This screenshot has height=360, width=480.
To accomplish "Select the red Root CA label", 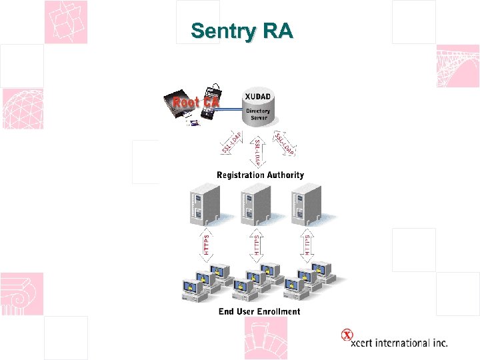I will tap(196, 103).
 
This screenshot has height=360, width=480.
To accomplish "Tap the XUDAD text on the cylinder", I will tap(259, 97).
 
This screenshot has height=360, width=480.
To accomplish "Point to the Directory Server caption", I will tap(259, 114).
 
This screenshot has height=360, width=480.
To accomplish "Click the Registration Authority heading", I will tap(260, 175).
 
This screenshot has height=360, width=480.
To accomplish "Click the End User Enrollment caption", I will tap(259, 311).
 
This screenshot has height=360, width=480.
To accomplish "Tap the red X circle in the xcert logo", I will tap(347, 335).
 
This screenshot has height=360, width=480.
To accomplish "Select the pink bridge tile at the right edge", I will tap(458, 66).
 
